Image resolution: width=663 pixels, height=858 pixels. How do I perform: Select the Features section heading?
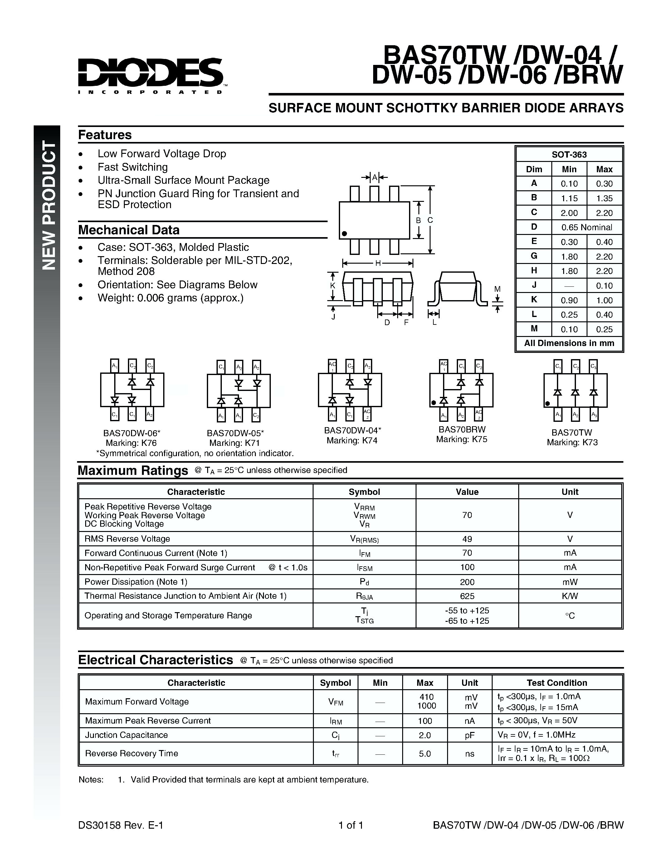(x=105, y=135)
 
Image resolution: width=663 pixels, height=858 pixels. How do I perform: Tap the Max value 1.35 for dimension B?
(x=604, y=198)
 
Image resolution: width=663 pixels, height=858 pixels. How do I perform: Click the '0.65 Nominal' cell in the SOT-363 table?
(x=587, y=227)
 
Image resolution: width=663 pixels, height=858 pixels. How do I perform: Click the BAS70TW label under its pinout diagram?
(x=572, y=432)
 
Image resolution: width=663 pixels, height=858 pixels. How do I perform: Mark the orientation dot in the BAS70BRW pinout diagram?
(x=434, y=403)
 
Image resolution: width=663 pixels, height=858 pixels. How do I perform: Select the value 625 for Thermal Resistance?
(x=467, y=596)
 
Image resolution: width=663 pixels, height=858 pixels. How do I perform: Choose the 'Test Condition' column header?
(x=557, y=683)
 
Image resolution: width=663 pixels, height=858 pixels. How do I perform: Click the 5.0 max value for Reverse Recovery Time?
(x=425, y=753)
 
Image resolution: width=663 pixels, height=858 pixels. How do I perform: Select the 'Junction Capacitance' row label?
(x=126, y=735)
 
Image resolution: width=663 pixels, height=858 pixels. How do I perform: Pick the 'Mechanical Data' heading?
(x=129, y=230)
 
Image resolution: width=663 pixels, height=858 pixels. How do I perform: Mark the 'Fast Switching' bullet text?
(x=133, y=167)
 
